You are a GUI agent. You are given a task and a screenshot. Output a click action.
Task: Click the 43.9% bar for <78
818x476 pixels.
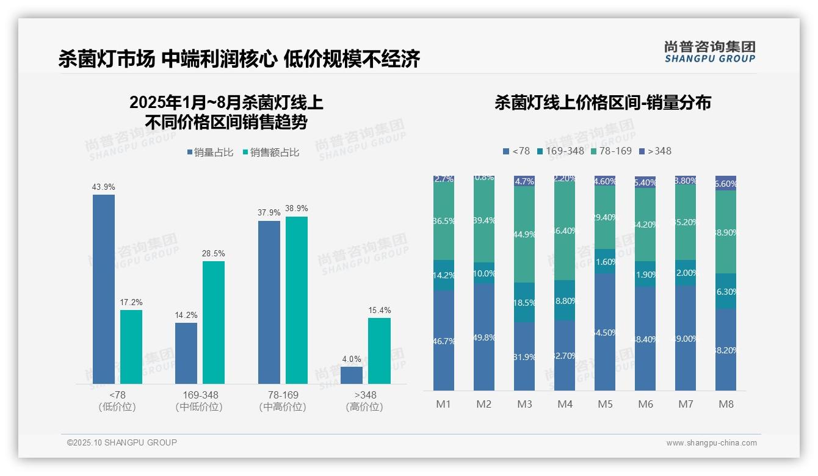click(104, 289)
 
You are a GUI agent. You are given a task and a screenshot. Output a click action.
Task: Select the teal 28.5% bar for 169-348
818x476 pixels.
click(214, 322)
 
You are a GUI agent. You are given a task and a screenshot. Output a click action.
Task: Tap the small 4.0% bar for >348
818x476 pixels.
click(352, 375)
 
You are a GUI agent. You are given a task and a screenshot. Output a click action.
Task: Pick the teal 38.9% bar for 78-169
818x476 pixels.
click(297, 300)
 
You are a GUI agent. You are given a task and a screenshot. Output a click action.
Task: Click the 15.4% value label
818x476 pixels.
click(380, 311)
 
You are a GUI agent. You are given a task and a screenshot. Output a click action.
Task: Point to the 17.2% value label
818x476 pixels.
click(131, 303)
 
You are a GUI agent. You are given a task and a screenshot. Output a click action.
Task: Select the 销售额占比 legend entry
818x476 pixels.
click(271, 153)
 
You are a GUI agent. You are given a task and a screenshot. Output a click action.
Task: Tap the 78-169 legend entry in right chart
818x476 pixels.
click(611, 151)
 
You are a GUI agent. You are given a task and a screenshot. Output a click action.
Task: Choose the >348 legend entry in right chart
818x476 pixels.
click(655, 151)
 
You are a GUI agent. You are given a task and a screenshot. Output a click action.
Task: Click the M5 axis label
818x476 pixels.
click(605, 404)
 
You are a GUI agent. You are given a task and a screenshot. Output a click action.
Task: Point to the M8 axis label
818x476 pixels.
click(726, 404)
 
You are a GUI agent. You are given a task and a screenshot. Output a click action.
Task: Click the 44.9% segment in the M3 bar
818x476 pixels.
click(524, 234)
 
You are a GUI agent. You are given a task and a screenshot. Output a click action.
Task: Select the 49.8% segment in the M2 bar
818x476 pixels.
click(484, 337)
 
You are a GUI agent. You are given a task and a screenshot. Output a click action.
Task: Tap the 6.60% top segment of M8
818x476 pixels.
click(726, 183)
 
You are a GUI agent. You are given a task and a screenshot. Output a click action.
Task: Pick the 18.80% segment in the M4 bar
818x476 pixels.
click(565, 300)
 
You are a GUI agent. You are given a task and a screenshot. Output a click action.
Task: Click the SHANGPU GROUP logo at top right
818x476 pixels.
click(709, 52)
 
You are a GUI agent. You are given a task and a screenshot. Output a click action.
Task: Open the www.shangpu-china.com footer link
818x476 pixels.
click(711, 443)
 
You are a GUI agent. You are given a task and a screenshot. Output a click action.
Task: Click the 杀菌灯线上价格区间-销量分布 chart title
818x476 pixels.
click(603, 103)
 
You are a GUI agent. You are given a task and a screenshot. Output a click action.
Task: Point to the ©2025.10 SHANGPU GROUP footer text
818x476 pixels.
click(122, 442)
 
